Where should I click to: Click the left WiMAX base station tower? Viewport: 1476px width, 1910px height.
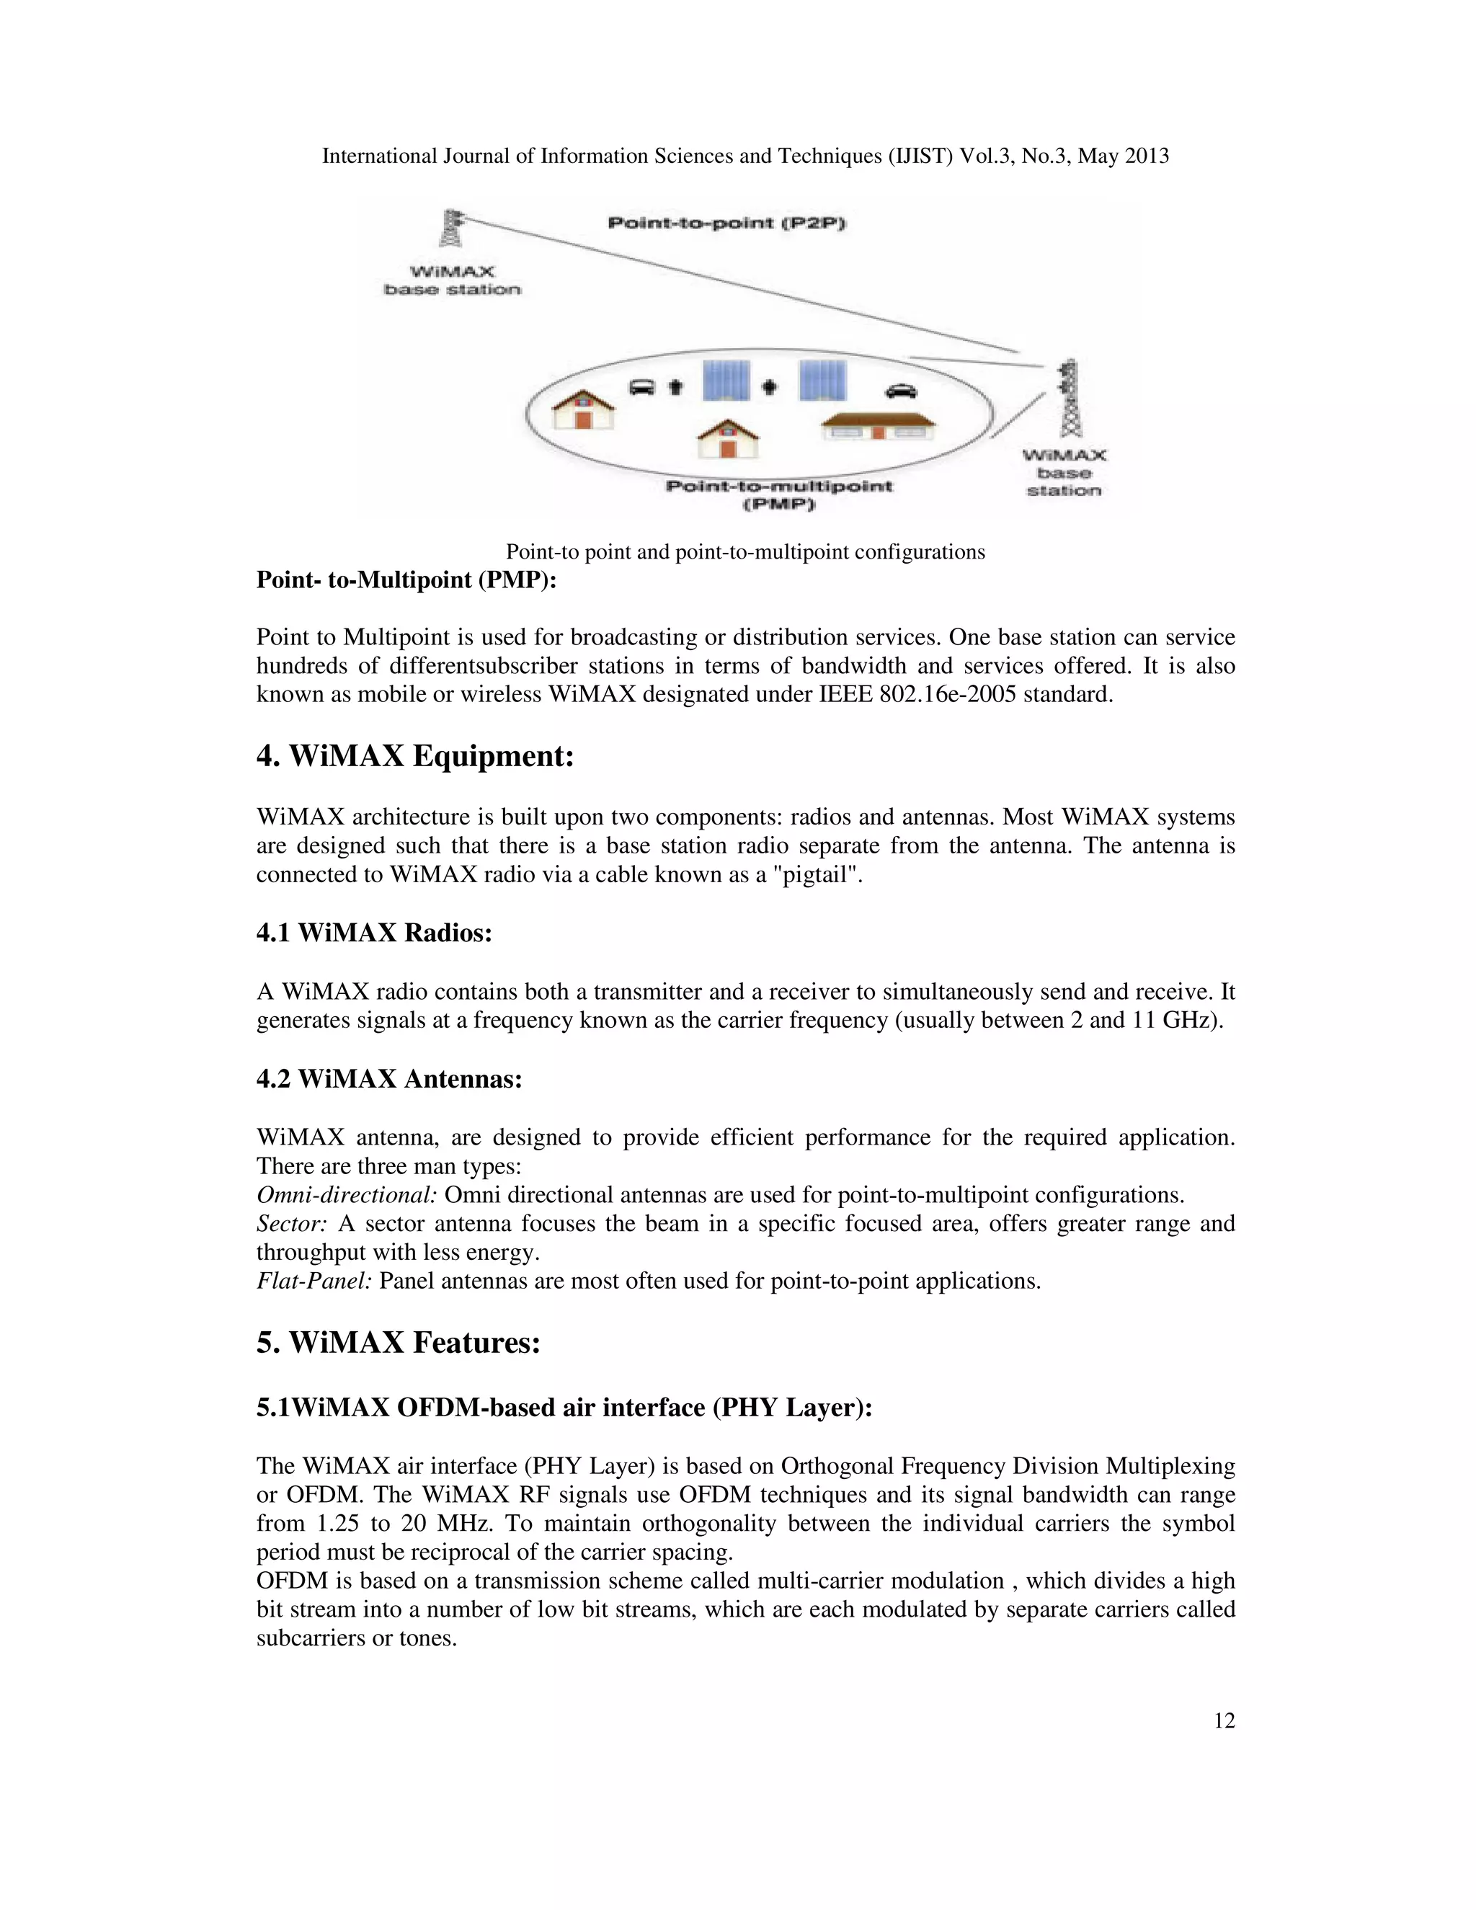451,230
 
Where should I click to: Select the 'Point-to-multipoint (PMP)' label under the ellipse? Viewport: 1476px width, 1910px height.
778,495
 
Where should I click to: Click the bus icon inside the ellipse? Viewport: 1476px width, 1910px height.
643,386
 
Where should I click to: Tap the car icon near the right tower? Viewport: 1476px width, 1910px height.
901,390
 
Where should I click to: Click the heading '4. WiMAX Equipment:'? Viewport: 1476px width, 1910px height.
414,755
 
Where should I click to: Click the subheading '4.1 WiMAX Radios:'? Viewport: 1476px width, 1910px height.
374,932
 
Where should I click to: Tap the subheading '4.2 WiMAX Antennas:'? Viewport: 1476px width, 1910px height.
389,1078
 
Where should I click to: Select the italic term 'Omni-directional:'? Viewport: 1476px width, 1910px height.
346,1194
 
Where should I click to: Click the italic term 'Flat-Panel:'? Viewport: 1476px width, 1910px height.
314,1282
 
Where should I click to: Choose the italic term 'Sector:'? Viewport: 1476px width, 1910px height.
291,1224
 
